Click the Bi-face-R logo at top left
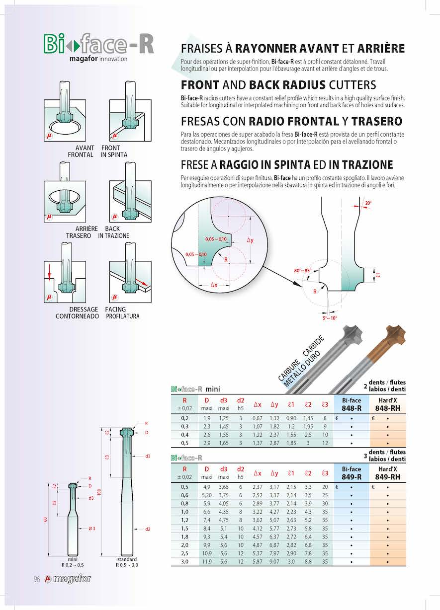click(x=98, y=44)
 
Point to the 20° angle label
click(x=368, y=203)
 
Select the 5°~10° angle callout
click(x=329, y=318)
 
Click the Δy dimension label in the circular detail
click(x=250, y=240)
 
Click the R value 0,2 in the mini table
click(x=184, y=418)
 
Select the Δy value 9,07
click(x=274, y=561)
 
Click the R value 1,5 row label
click(x=184, y=528)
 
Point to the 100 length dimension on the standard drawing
click(x=99, y=492)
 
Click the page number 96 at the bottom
click(x=37, y=579)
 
